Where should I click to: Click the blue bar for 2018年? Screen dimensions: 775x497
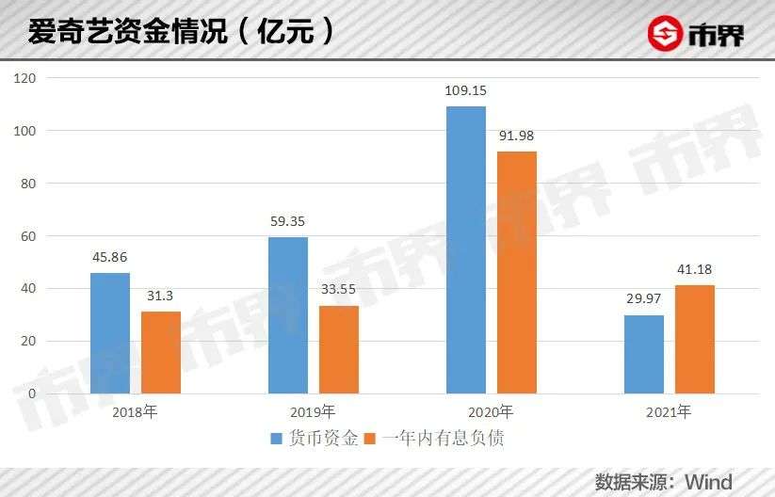click(x=110, y=333)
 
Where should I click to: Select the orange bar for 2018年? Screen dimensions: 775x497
click(x=161, y=353)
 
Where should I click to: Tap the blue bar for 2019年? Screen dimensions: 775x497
click(x=288, y=315)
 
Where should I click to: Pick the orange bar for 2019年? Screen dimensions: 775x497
click(x=339, y=350)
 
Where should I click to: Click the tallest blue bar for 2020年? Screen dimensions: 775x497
click(x=466, y=250)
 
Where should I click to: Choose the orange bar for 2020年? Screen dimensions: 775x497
click(x=517, y=273)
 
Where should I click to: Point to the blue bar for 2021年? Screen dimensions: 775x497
click(x=644, y=355)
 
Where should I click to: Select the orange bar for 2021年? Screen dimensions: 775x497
click(x=695, y=340)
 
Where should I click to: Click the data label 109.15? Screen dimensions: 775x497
click(x=465, y=91)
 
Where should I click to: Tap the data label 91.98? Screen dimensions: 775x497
click(x=516, y=136)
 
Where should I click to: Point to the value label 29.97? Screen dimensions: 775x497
click(x=643, y=299)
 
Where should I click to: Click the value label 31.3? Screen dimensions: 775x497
click(x=160, y=296)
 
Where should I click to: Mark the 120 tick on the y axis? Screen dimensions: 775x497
click(x=24, y=78)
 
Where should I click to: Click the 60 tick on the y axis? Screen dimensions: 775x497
click(x=28, y=236)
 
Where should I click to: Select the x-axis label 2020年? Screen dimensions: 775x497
click(x=491, y=412)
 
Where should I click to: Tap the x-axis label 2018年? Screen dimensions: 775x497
click(x=135, y=412)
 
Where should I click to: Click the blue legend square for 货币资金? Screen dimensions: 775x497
click(x=277, y=439)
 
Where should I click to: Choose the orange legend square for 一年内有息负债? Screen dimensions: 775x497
click(x=370, y=439)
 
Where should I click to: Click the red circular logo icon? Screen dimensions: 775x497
click(x=665, y=33)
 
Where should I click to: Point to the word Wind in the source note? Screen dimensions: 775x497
click(x=709, y=482)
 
